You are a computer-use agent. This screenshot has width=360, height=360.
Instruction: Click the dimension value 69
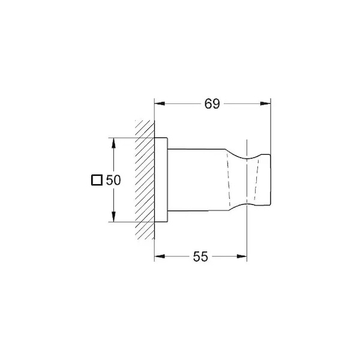212,104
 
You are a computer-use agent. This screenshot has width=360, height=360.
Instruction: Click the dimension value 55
200,256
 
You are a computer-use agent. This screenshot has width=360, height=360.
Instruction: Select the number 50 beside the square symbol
113,180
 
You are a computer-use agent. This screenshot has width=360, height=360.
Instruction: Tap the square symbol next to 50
97,180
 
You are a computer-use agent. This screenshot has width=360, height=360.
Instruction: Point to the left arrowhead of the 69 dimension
160,104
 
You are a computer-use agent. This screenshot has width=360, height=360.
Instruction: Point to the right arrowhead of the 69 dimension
265,104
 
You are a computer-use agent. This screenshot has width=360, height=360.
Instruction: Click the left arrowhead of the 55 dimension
160,256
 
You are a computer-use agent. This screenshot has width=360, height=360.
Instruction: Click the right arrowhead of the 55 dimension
242,256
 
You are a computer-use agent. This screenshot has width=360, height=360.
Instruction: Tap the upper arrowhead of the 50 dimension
113,143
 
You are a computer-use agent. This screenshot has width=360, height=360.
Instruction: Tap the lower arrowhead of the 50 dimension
113,217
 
